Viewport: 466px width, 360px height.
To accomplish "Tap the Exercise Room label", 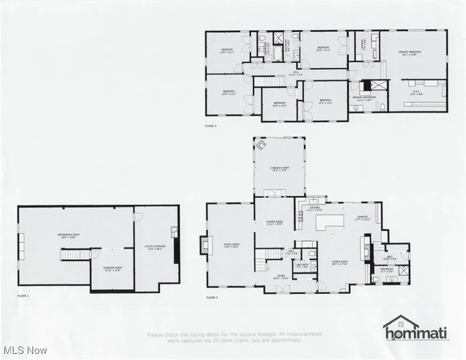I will coord(113,269).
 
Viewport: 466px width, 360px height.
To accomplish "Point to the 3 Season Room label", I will coord(279,169).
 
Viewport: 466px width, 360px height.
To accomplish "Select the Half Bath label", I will coord(302,266).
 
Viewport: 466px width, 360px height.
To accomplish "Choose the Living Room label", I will coord(339,263).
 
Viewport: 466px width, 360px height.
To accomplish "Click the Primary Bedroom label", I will coord(407,53).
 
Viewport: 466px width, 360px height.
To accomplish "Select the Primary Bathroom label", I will coord(365,98).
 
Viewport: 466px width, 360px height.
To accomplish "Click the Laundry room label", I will coord(362,47).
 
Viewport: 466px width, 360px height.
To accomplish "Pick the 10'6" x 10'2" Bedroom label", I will coord(279,104).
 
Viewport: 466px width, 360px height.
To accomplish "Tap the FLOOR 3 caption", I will coord(211,126).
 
